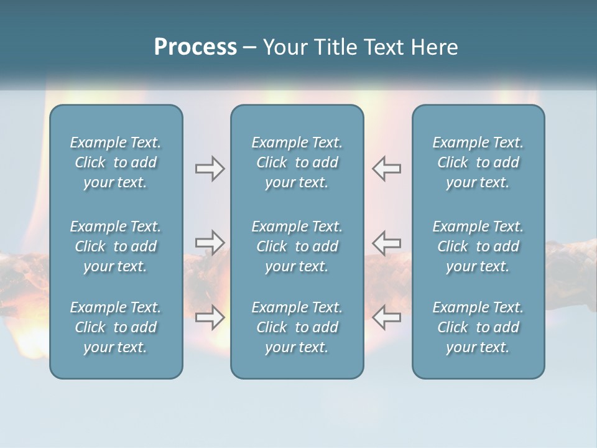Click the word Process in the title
[x=195, y=47]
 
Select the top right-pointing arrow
[x=210, y=169]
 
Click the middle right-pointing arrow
[x=210, y=242]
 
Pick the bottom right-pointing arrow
[x=210, y=317]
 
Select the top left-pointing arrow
[x=386, y=169]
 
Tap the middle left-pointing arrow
[x=386, y=242]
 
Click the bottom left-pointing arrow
[x=386, y=317]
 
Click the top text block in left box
[x=116, y=162]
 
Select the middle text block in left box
[x=116, y=246]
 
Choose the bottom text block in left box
[x=116, y=327]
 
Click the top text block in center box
[x=297, y=162]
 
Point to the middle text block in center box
[x=297, y=246]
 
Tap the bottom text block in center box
[x=297, y=327]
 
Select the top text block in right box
[x=478, y=162]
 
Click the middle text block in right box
[x=478, y=246]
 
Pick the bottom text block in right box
[x=478, y=327]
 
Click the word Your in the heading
[x=284, y=47]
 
